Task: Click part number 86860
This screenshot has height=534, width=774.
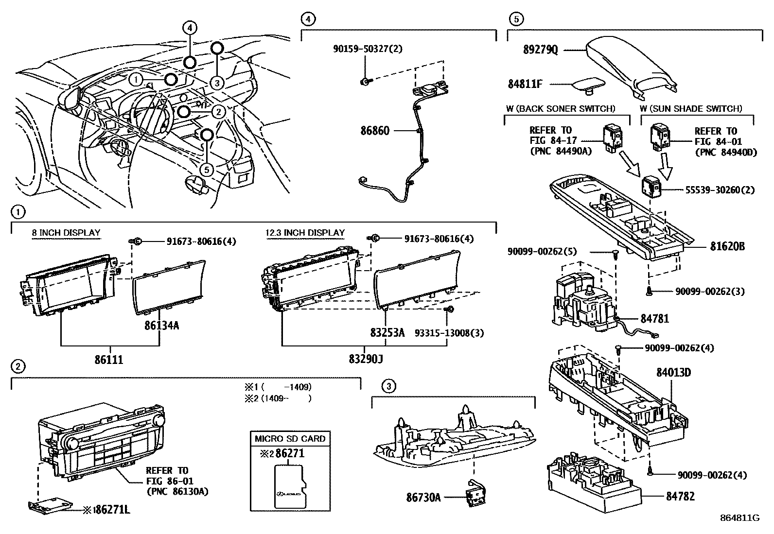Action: pyautogui.click(x=375, y=131)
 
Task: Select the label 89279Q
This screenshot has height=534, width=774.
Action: pyautogui.click(x=541, y=50)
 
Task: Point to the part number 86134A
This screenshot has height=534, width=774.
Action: pyautogui.click(x=161, y=326)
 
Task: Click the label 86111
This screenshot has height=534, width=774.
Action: pyautogui.click(x=109, y=360)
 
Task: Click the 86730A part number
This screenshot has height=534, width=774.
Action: pyautogui.click(x=423, y=497)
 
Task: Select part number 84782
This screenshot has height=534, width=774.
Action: pyautogui.click(x=680, y=496)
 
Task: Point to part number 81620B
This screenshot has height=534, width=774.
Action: pyautogui.click(x=727, y=246)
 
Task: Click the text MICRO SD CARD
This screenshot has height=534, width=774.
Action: pyautogui.click(x=290, y=438)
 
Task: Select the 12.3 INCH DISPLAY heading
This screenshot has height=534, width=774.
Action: pyautogui.click(x=305, y=233)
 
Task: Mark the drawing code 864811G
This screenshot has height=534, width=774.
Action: pyautogui.click(x=740, y=517)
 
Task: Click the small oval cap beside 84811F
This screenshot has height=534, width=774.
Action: pyautogui.click(x=587, y=86)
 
